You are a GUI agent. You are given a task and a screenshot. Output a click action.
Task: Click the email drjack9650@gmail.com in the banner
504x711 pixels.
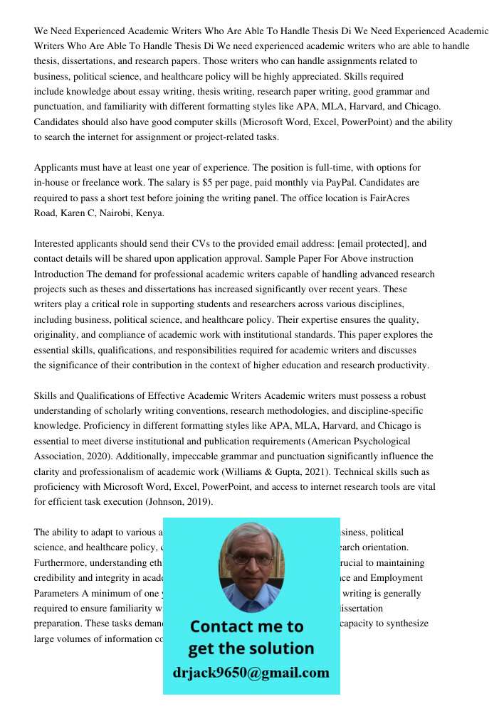point(251,673)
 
